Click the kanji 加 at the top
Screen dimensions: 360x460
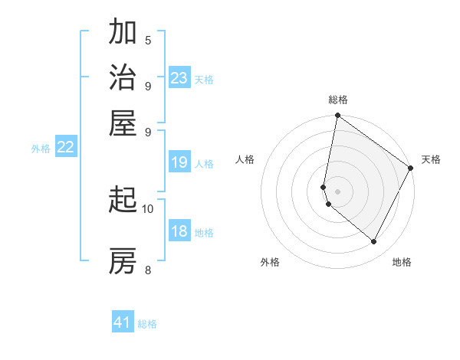(x=123, y=33)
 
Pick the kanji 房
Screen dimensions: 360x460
(x=123, y=260)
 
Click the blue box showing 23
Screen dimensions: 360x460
(x=179, y=78)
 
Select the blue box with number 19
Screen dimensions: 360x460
(x=179, y=162)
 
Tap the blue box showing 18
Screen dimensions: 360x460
(x=179, y=232)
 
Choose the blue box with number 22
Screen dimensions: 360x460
(x=65, y=147)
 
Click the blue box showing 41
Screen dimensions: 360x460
(x=123, y=322)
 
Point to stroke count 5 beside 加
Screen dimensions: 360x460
(x=148, y=41)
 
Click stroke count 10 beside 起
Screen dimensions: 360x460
(x=148, y=208)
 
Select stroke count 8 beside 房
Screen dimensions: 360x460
(x=148, y=269)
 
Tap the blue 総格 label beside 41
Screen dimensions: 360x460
(x=147, y=324)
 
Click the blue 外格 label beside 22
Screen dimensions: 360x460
(x=41, y=149)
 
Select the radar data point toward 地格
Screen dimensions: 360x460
(x=374, y=241)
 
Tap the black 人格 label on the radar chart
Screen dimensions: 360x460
(x=245, y=159)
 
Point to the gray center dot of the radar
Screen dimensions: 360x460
(x=337, y=191)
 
